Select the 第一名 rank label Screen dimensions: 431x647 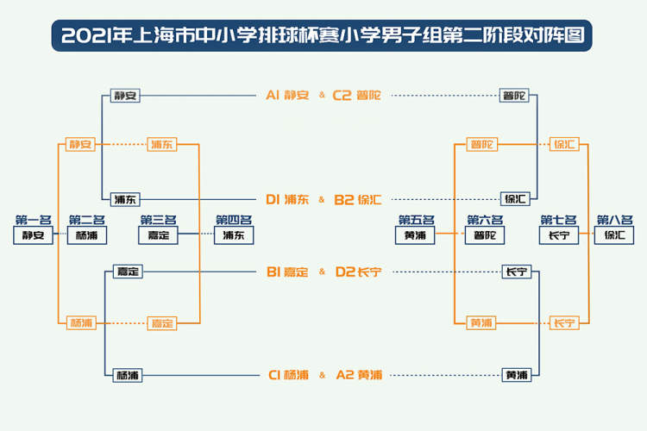(34, 221)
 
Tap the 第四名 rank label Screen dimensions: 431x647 (234, 221)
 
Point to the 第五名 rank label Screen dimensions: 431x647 (416, 221)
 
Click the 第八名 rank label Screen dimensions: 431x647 (614, 221)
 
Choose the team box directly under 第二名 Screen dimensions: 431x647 (86, 235)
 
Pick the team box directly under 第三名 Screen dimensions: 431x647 (158, 235)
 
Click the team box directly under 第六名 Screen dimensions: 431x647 (485, 235)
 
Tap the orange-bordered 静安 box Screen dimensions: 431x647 (80, 144)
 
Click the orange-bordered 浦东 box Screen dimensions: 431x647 (161, 144)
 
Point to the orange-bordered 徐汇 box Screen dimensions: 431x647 (565, 144)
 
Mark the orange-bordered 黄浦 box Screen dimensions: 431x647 (481, 323)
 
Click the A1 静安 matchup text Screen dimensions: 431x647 (287, 95)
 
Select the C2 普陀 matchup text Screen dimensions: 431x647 (356, 95)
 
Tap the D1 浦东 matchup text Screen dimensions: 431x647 (287, 199)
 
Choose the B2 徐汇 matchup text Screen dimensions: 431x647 (357, 199)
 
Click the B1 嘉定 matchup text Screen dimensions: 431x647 (287, 272)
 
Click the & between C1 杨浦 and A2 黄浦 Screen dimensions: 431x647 (322, 376)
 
